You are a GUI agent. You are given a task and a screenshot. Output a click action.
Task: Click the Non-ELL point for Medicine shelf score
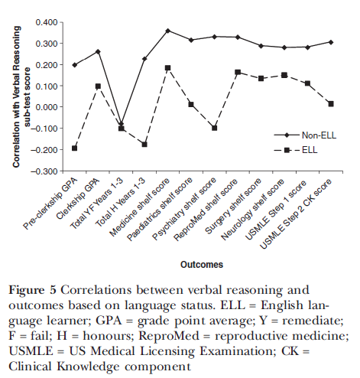click(167, 31)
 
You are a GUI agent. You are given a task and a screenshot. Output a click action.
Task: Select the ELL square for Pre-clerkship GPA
click(74, 148)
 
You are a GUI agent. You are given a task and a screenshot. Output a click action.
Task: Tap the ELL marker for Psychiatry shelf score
click(214, 128)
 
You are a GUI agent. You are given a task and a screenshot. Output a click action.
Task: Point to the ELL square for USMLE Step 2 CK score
click(331, 104)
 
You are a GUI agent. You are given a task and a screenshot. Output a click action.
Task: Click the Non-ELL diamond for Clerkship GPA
click(98, 52)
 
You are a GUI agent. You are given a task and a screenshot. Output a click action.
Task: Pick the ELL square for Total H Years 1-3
click(144, 145)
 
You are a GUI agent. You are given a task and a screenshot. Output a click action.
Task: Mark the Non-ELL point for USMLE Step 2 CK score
click(331, 42)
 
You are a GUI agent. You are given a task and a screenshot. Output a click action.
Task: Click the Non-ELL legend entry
click(305, 135)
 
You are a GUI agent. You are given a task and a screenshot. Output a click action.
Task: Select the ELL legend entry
click(296, 150)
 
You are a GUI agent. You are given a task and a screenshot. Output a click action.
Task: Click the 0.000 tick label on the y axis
click(47, 107)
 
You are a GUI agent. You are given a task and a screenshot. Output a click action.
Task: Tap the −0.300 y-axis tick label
click(44, 171)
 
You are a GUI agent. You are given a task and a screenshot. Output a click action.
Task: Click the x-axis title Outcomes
click(202, 265)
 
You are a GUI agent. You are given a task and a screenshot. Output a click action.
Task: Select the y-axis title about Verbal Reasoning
click(21, 97)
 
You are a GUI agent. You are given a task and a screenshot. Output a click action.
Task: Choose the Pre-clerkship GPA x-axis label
click(50, 204)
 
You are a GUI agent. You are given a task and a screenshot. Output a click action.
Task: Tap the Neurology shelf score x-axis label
click(252, 210)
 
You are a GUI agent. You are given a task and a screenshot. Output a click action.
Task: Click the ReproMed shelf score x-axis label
click(206, 210)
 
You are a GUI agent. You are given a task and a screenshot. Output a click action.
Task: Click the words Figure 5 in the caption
click(32, 290)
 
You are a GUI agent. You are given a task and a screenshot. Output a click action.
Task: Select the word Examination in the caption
click(237, 351)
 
